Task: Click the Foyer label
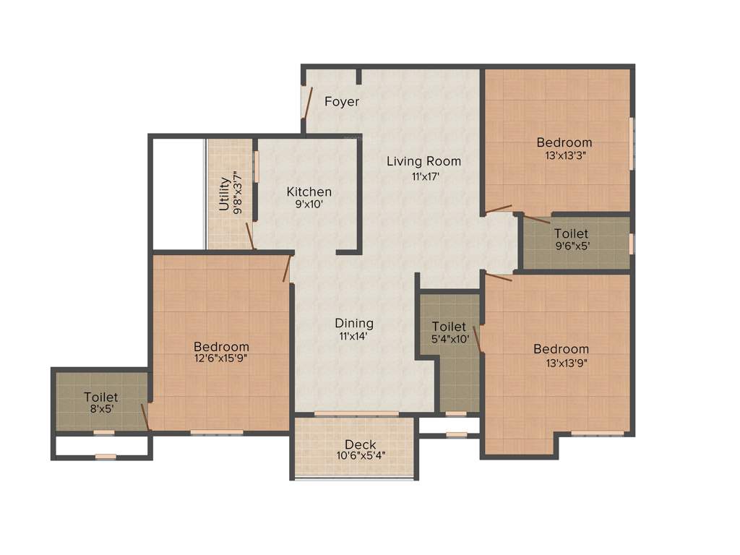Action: pyautogui.click(x=341, y=102)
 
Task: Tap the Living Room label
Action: pyautogui.click(x=423, y=161)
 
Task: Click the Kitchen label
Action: pyautogui.click(x=309, y=192)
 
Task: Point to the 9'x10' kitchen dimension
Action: pyautogui.click(x=309, y=205)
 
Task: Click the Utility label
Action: pyautogui.click(x=224, y=194)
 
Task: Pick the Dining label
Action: pyautogui.click(x=354, y=323)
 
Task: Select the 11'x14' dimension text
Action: pyautogui.click(x=354, y=336)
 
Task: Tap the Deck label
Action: pyautogui.click(x=360, y=444)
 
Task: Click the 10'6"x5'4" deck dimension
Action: pyautogui.click(x=360, y=456)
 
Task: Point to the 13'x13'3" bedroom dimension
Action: pyautogui.click(x=564, y=155)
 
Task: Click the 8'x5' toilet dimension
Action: pyautogui.click(x=100, y=408)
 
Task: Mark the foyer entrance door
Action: pyautogui.click(x=306, y=103)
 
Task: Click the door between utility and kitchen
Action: pyautogui.click(x=250, y=236)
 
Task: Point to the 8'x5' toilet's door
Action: pyautogui.click(x=145, y=417)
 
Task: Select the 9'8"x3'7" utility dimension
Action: pyautogui.click(x=238, y=194)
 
